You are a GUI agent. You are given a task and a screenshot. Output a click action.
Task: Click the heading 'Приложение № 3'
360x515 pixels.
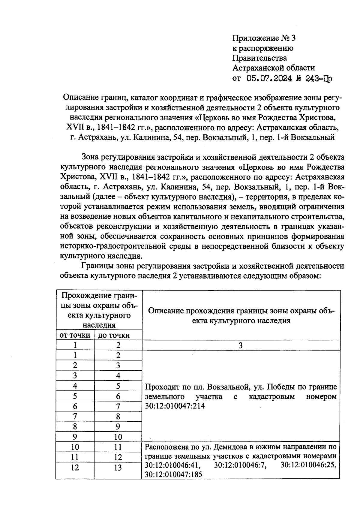(x=264, y=38)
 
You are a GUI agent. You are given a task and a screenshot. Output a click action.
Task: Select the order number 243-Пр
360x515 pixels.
(x=319, y=79)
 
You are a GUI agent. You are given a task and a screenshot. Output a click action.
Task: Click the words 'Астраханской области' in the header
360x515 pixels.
(x=274, y=68)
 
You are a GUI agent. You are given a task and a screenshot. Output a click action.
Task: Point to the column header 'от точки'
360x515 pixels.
(x=75, y=335)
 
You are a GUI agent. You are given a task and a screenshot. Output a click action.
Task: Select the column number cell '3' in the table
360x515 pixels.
(x=241, y=345)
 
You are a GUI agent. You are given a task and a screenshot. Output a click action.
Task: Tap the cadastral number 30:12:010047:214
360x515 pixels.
(x=175, y=406)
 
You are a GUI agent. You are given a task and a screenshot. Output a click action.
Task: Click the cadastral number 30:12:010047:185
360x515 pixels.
(x=173, y=474)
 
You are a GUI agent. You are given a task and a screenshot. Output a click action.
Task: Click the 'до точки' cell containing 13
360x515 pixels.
(x=118, y=468)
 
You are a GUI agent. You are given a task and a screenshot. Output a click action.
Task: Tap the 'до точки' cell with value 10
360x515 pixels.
(x=118, y=437)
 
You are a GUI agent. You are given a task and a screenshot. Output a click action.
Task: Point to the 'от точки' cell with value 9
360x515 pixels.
(x=75, y=437)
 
